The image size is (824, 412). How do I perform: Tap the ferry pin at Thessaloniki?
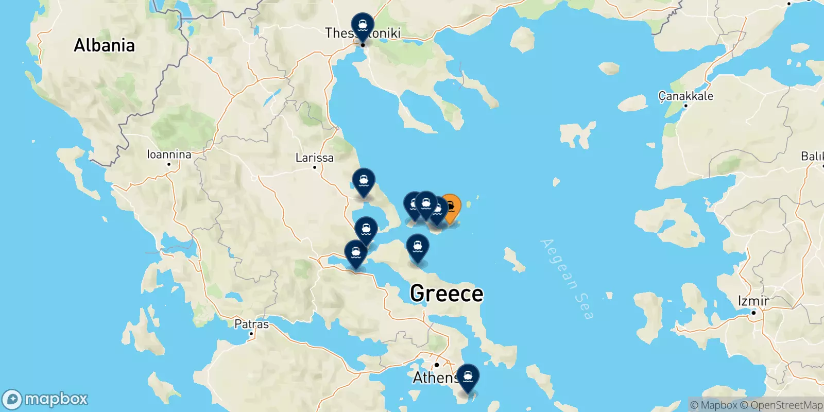363,25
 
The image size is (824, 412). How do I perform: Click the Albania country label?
104,45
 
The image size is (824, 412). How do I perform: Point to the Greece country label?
447,294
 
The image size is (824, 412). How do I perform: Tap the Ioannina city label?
169,154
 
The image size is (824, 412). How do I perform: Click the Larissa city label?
314,158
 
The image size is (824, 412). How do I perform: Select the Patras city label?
251,324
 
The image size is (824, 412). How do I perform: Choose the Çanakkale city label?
686,96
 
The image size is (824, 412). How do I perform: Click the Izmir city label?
753,301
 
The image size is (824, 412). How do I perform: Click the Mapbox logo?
45,399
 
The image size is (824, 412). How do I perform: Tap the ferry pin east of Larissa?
364,182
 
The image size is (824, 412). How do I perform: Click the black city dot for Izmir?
753,313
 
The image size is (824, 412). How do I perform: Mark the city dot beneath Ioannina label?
169,164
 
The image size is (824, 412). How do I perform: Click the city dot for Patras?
251,334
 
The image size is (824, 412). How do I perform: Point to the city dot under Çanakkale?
685,106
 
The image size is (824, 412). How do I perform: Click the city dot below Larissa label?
315,167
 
